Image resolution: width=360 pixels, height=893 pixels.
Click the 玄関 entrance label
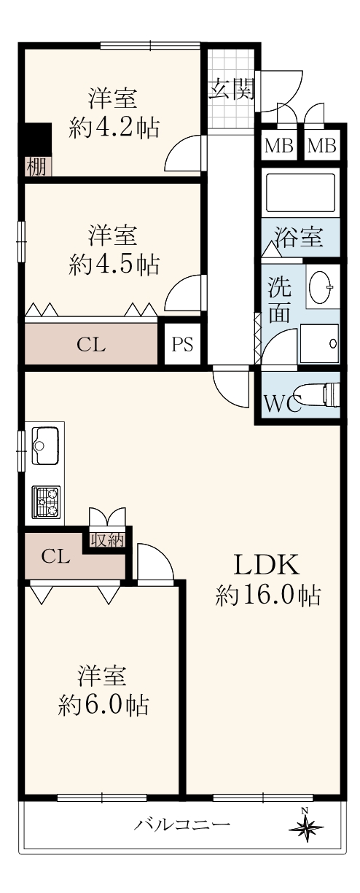(232, 89)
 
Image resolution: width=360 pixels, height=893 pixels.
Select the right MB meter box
(322, 146)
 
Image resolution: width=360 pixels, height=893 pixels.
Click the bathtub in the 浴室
(300, 193)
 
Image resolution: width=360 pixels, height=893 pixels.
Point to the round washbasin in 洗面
(321, 284)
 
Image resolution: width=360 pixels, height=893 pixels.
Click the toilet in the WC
(318, 394)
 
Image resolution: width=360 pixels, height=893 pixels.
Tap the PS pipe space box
(183, 343)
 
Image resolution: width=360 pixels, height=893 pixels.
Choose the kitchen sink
(45, 445)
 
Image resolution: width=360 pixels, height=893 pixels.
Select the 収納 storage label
(106, 541)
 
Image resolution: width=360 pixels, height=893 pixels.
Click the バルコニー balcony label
(181, 822)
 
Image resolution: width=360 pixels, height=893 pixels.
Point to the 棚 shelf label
(36, 167)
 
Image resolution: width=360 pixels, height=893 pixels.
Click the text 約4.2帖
(114, 127)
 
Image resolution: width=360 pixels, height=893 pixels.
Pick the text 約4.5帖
(114, 263)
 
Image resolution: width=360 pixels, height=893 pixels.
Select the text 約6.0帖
(103, 705)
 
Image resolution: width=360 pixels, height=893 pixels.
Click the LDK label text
(266, 564)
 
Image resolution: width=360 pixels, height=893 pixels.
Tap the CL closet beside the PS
(91, 344)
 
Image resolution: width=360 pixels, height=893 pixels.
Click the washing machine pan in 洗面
(320, 343)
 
